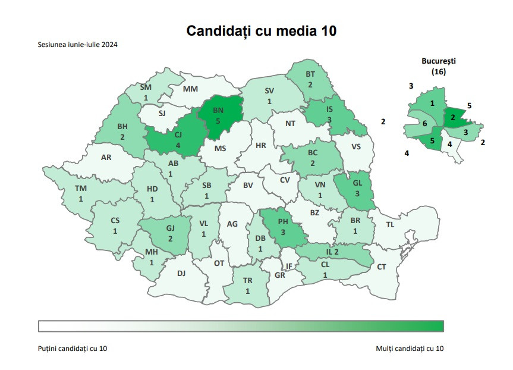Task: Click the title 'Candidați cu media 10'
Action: pyautogui.click(x=262, y=30)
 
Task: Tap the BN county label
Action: pyautogui.click(x=218, y=111)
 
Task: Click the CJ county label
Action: pyautogui.click(x=177, y=135)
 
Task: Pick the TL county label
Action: pyautogui.click(x=390, y=225)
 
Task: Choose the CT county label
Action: pyautogui.click(x=381, y=267)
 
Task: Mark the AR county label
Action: pyautogui.click(x=106, y=158)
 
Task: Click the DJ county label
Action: pyautogui.click(x=181, y=274)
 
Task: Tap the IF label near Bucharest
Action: pyautogui.click(x=289, y=266)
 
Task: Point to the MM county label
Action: pyautogui.click(x=190, y=89)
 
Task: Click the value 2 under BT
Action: pyautogui.click(x=310, y=85)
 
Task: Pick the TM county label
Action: pyautogui.click(x=80, y=189)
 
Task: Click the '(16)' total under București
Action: pyautogui.click(x=439, y=71)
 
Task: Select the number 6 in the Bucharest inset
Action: pyautogui.click(x=424, y=124)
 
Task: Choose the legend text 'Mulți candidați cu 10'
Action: pyautogui.click(x=410, y=348)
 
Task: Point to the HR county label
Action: pyautogui.click(x=260, y=145)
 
